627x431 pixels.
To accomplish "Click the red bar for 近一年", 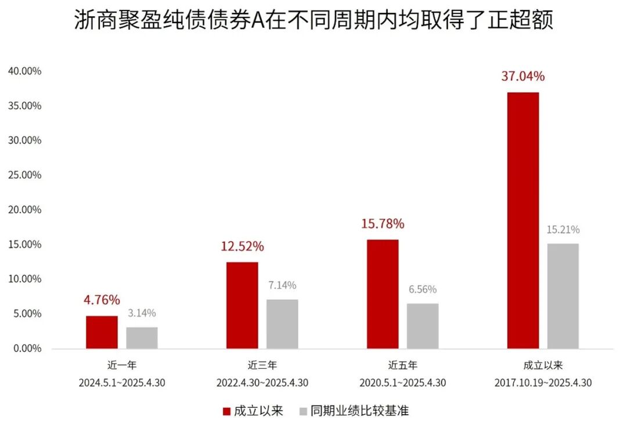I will coord(102,332).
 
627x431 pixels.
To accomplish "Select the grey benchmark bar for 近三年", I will coord(282,324).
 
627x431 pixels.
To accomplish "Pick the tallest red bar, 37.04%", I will coord(523,220).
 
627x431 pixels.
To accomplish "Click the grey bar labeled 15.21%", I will coord(563,296).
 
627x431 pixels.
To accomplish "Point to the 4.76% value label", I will coord(102,300).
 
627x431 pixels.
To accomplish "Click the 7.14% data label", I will coord(282,285).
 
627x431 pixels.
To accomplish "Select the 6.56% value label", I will coord(422,289).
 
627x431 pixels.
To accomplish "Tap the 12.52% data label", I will coord(242,247).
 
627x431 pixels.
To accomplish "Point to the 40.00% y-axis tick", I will coord(24,71).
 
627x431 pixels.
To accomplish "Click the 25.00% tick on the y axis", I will coord(24,175).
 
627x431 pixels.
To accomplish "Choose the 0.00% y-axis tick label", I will coord(27,348).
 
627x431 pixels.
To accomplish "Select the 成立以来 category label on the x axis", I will coord(543,365).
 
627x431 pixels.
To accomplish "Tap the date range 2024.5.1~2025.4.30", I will coord(122,383).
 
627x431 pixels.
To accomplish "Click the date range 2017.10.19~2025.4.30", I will coord(543,383).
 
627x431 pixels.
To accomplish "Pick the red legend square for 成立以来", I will coord(226,411).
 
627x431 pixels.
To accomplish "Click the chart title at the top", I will coord(313,21).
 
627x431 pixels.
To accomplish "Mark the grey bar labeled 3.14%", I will coord(142,338).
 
